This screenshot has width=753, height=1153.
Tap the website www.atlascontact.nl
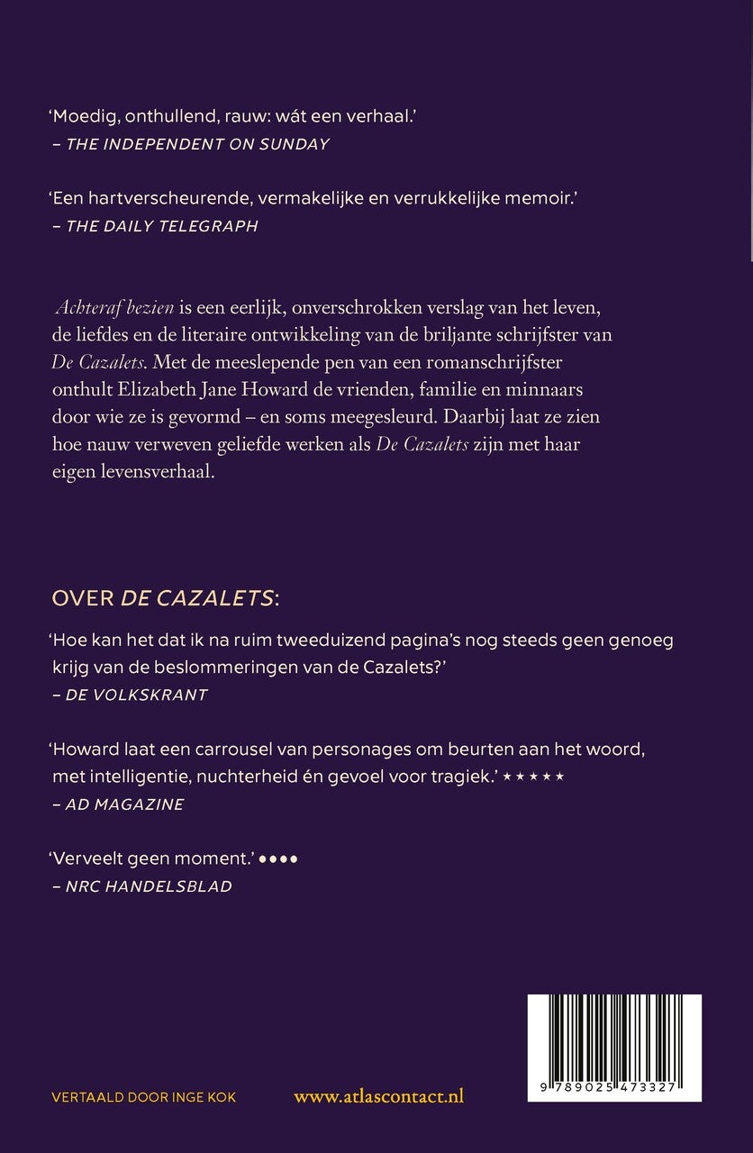pos(379,1096)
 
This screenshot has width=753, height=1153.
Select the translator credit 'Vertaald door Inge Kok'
pos(144,1096)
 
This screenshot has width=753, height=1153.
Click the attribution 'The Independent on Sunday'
pos(197,144)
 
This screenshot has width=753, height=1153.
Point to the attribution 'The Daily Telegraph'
pos(162,226)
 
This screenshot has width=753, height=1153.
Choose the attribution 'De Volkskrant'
pos(137,695)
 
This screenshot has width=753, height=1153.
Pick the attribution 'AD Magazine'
pos(124,804)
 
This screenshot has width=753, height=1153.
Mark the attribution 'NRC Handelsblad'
pos(149,886)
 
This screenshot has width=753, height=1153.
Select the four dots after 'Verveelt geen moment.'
pos(277,859)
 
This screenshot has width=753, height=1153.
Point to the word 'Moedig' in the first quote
pos(83,116)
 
